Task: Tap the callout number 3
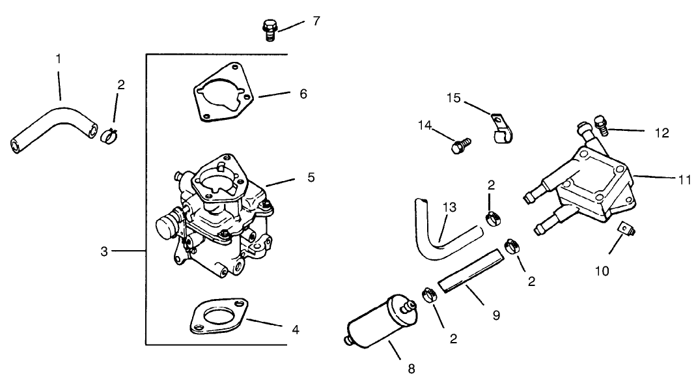pos(104,252)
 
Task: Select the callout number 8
pos(411,369)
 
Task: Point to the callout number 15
pos(454,98)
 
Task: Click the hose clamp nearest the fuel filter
pos(429,295)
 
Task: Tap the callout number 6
pos(303,94)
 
